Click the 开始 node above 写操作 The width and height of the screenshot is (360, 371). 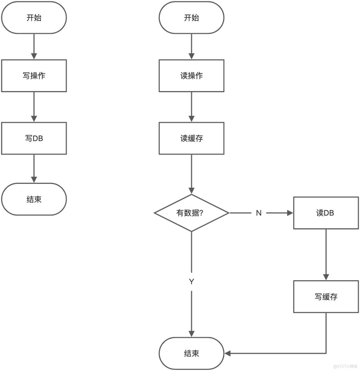tap(34, 18)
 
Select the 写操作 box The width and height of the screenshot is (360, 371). tap(34, 76)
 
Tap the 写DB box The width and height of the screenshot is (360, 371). tap(34, 138)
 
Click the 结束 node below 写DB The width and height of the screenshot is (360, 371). tap(34, 199)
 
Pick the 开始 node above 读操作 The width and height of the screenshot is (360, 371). tap(191, 18)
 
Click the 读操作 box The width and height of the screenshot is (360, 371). tap(191, 76)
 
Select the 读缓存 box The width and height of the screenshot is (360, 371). tap(191, 138)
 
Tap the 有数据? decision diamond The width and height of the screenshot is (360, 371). tap(191, 213)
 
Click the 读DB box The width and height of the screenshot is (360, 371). tap(326, 213)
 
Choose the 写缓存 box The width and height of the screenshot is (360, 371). tap(326, 297)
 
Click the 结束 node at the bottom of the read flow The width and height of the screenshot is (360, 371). tap(191, 353)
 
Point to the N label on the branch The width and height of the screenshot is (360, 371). tap(259, 213)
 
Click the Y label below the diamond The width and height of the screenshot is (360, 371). tap(191, 282)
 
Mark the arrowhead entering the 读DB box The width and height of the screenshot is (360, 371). tap(290, 213)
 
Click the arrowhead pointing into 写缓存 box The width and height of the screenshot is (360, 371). tap(326, 277)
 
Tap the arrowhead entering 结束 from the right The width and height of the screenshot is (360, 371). tap(227, 353)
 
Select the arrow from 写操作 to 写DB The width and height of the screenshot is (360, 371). tap(34, 107)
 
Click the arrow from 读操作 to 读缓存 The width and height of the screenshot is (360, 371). tap(191, 107)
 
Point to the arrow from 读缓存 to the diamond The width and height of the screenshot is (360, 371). tap(191, 173)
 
